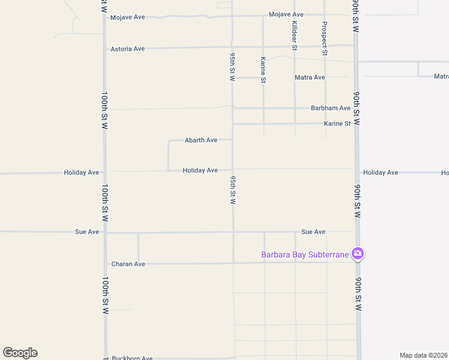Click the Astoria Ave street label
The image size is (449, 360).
click(128, 49)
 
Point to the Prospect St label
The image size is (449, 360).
click(325, 38)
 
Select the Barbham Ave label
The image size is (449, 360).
click(330, 108)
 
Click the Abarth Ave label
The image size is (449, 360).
click(201, 140)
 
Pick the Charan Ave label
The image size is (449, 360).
click(128, 264)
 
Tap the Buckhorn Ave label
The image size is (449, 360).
click(132, 358)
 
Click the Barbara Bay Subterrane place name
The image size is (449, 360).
click(305, 254)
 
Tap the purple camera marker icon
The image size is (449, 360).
click(358, 254)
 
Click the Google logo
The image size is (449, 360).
click(20, 353)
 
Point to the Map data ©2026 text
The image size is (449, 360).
click(424, 355)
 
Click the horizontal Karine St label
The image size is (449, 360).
click(337, 124)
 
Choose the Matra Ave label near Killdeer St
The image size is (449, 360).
click(310, 77)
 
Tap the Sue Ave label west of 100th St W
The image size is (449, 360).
click(87, 232)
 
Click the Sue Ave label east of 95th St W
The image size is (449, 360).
click(313, 232)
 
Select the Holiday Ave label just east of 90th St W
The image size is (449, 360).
click(381, 173)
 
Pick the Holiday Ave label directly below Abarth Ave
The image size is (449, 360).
click(200, 170)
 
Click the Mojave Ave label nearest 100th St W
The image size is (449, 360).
click(128, 17)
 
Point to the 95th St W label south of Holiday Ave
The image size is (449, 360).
click(232, 191)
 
